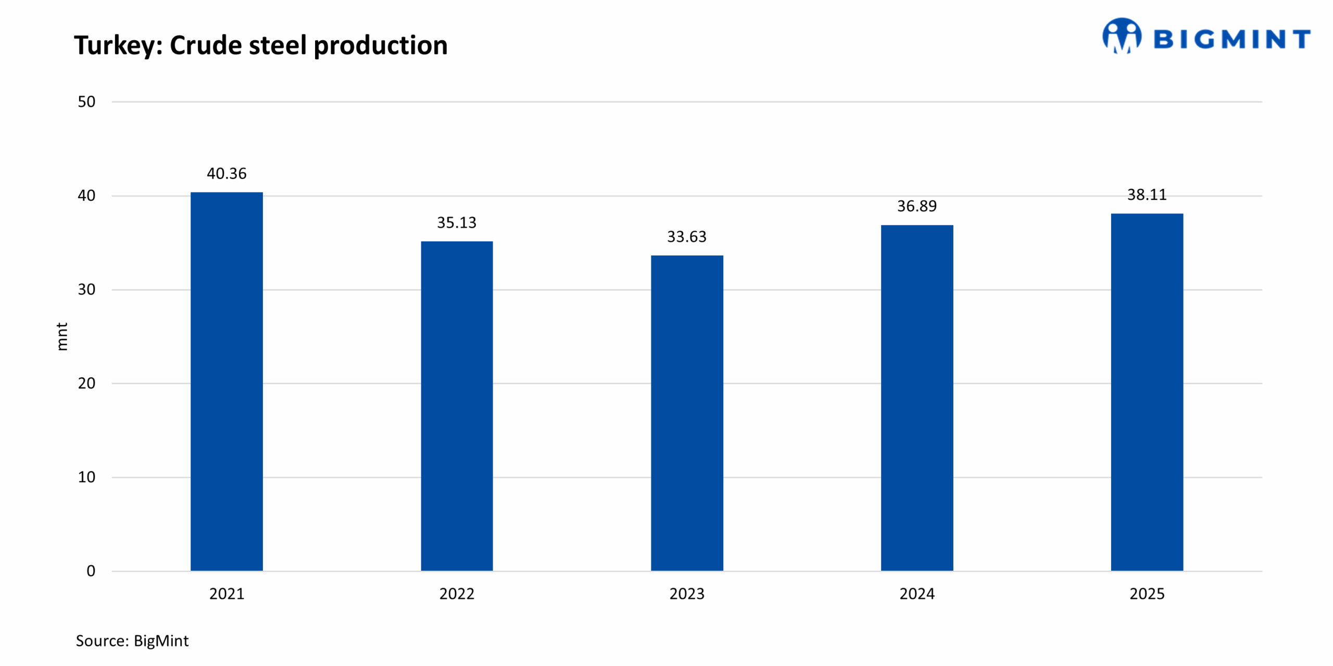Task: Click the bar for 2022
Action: coord(457,405)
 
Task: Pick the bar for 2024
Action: coord(917,398)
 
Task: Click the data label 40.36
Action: coord(227,173)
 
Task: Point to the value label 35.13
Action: coord(457,223)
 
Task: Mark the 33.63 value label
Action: coord(687,237)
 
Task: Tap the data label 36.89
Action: coord(917,206)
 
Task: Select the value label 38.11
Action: coord(1147,195)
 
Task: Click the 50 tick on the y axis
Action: coord(86,101)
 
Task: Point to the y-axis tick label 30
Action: coord(86,289)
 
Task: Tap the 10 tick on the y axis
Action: coord(86,477)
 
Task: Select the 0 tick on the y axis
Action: coord(91,571)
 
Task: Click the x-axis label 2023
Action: coord(687,594)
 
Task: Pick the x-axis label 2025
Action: coord(1147,594)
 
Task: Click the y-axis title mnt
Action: coord(61,337)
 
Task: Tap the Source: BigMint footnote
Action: coord(132,641)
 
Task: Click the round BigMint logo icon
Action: coord(1122,35)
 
